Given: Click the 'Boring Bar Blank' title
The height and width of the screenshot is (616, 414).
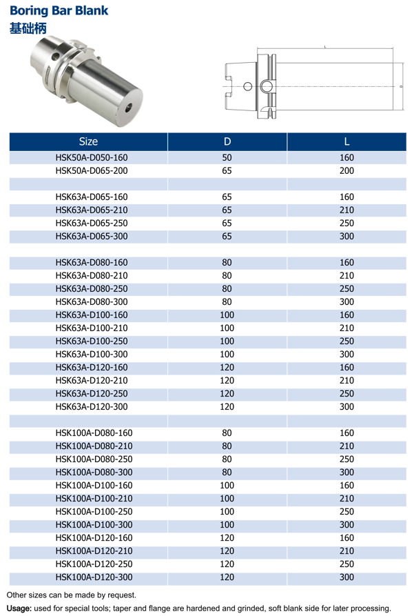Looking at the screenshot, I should (x=59, y=11).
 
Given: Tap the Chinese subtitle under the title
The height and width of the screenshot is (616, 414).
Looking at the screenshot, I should (x=28, y=28).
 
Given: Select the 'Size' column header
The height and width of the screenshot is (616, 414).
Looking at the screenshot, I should (x=88, y=142).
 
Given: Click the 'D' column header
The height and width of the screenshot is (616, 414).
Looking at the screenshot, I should (x=227, y=142).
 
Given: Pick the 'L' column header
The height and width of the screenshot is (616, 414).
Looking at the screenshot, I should (x=346, y=142).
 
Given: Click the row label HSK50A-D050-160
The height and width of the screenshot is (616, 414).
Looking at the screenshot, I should (x=92, y=157).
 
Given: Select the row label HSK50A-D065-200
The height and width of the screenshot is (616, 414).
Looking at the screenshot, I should (x=92, y=170).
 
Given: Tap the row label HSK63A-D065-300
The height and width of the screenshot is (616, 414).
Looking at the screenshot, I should (x=92, y=236).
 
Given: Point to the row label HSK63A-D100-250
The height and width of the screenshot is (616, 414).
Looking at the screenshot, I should (x=92, y=341).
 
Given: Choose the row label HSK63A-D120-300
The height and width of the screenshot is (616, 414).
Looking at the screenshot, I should (x=92, y=406).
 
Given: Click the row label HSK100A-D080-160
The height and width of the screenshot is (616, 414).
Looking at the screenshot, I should (x=94, y=433).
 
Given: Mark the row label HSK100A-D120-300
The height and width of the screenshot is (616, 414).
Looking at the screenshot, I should (x=94, y=577).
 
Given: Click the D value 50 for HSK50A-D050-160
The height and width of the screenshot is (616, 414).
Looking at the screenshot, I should (x=227, y=157).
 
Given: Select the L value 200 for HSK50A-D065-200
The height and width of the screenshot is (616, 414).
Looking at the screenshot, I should (x=346, y=170).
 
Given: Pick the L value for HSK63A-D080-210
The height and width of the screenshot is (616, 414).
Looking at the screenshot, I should (x=346, y=275).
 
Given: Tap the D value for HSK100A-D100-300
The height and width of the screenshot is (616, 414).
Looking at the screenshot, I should (x=227, y=524).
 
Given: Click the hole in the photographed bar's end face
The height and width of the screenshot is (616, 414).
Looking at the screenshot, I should (x=128, y=108).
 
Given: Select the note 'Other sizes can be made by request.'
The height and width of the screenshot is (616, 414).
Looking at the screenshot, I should (x=71, y=595).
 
